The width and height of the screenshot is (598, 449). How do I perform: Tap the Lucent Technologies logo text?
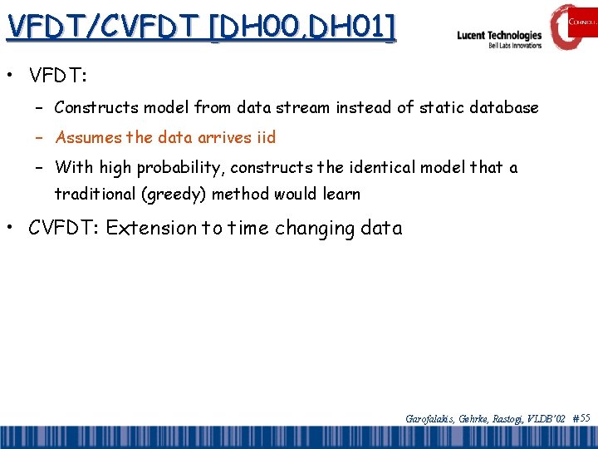(x=499, y=36)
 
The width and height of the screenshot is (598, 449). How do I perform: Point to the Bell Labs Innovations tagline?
(x=515, y=46)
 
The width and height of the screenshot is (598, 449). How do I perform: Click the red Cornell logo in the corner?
(x=573, y=24)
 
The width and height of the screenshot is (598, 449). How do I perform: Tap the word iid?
(x=265, y=137)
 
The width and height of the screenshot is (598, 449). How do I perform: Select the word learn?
(x=341, y=195)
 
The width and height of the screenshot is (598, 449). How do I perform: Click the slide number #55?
(x=581, y=418)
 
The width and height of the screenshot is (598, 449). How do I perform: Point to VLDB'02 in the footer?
(x=547, y=419)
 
